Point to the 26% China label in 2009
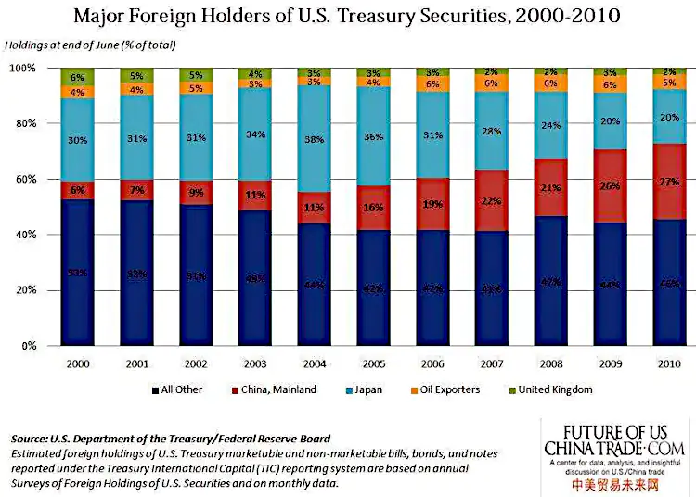(x=609, y=185)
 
